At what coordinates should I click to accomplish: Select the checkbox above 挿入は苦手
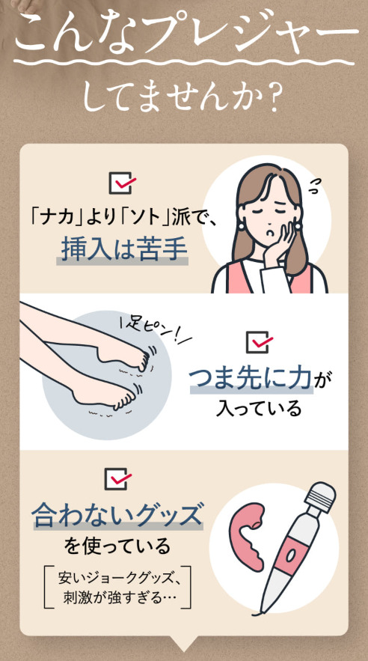pyautogui.click(x=123, y=183)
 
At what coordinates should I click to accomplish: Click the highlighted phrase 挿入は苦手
pyautogui.click(x=123, y=249)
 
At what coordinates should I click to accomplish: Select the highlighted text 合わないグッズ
pyautogui.click(x=117, y=514)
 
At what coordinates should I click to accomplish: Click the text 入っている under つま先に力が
pyautogui.click(x=259, y=409)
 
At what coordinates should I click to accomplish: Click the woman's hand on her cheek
pyautogui.click(x=278, y=242)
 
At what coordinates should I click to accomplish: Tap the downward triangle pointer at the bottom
pyautogui.click(x=183, y=644)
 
